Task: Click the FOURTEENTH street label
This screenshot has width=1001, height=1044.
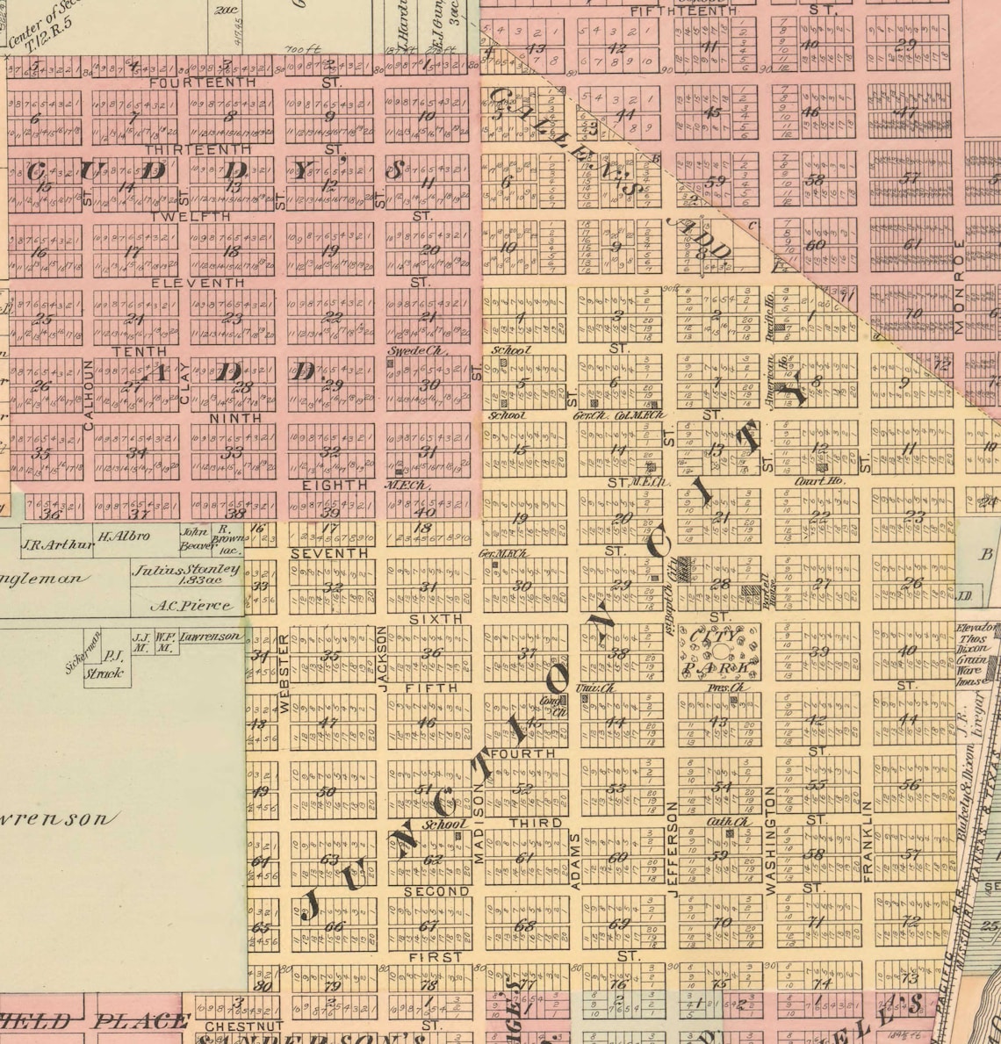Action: point(203,83)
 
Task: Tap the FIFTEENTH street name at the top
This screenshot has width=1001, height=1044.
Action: point(672,11)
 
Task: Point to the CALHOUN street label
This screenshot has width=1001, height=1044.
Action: point(88,394)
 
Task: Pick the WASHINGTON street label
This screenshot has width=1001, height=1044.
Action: point(771,840)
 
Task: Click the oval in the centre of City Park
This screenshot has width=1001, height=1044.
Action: point(723,651)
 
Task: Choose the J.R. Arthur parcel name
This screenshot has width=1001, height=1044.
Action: point(56,544)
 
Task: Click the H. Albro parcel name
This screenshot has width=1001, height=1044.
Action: point(123,536)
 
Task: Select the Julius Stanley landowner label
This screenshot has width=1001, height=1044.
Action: point(186,570)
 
